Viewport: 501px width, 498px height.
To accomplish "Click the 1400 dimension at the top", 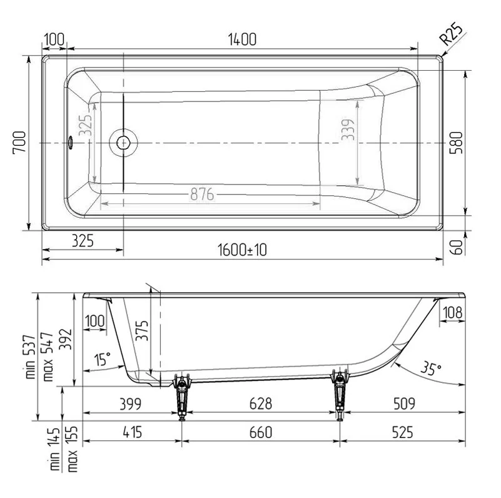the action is [x=242, y=39].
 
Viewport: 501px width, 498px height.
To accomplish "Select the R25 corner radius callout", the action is [x=451, y=34].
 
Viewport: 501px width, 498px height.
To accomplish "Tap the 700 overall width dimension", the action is [x=19, y=142].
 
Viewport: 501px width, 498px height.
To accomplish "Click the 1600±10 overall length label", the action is [x=242, y=250].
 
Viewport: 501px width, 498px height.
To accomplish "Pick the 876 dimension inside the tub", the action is [x=202, y=194].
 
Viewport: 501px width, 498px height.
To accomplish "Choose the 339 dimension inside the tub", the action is [x=348, y=130].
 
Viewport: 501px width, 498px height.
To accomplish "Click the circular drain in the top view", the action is [x=123, y=143].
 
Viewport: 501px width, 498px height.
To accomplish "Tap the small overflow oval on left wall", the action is [x=70, y=143].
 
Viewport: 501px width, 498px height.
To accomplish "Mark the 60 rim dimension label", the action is [x=458, y=246].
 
